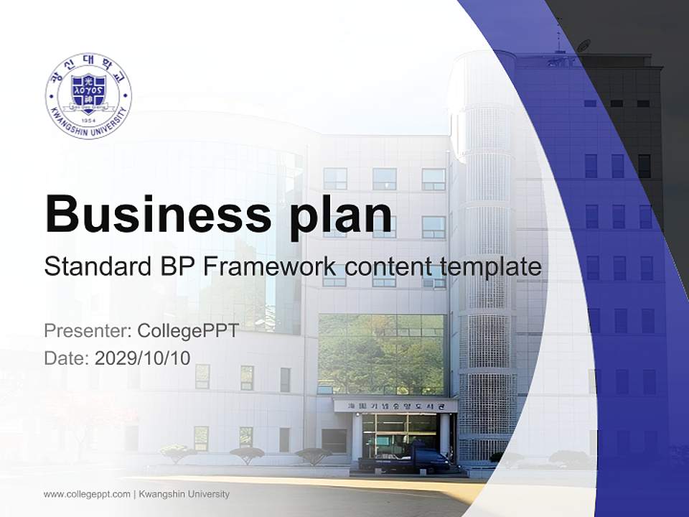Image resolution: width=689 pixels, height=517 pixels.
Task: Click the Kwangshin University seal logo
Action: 88,95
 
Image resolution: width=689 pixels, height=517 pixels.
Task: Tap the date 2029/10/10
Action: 143,358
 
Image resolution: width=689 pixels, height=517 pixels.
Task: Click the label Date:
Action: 67,358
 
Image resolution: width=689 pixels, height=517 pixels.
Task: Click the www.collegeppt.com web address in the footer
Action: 87,494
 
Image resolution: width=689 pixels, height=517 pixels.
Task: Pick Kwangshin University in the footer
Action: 184,494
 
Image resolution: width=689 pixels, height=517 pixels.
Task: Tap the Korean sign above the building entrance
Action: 395,406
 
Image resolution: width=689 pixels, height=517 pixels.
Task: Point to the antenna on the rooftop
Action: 558,36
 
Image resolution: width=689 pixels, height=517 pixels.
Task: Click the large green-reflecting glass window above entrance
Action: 381,354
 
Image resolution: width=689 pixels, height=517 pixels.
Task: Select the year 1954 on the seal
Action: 88,121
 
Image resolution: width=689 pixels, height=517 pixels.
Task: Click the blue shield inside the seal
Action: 88,93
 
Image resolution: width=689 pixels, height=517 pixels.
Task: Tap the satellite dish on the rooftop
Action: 583,46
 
